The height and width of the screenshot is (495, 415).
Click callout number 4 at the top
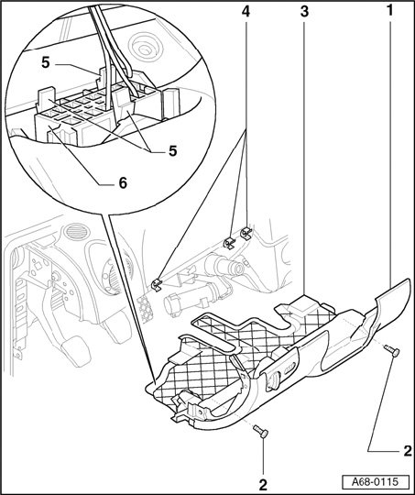246,11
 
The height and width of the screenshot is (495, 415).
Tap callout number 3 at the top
304,11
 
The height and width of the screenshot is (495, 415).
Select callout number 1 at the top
390,11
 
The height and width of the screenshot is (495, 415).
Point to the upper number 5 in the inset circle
46,62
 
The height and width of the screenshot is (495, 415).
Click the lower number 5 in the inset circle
172,151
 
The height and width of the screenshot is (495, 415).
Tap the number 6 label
123,182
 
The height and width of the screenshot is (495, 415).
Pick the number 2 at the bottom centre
263,485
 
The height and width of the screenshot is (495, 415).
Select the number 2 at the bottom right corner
408,451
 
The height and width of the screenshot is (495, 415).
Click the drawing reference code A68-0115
376,482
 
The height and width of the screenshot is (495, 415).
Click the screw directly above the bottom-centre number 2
261,431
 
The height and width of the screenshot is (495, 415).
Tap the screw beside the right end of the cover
392,351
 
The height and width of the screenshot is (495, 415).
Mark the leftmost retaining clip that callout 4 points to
157,284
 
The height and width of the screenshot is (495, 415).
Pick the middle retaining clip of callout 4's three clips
229,242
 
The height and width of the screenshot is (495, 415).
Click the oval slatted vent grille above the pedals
77,231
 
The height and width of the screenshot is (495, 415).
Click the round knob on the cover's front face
273,379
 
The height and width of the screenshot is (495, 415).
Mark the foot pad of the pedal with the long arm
76,351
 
